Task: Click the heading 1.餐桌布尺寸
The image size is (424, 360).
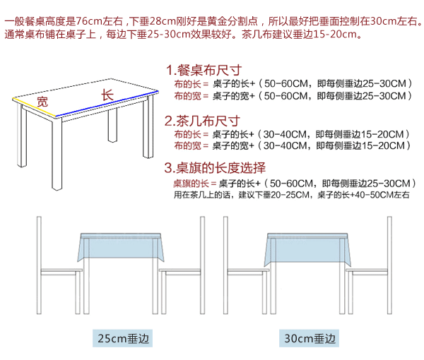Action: [203, 71]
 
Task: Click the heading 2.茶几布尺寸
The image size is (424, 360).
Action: [203, 120]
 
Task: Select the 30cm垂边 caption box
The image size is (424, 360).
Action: [309, 340]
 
